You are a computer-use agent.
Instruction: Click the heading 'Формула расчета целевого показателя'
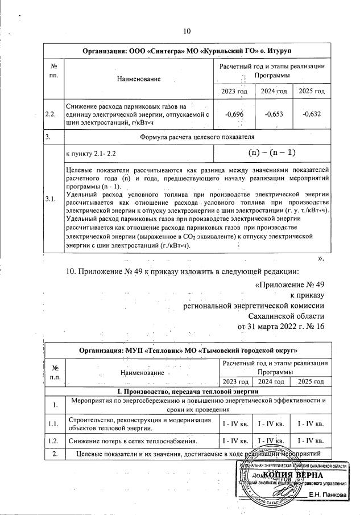click(x=197, y=137)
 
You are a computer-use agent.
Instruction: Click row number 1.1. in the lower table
click(x=53, y=423)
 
